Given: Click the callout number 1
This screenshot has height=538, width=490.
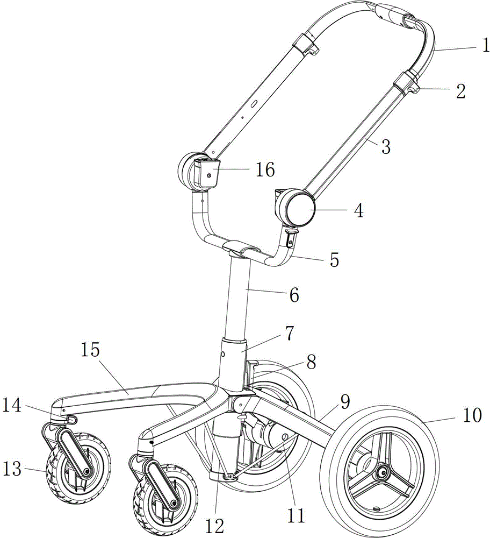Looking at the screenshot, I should click(x=485, y=47).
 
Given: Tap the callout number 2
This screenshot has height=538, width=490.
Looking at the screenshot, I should click(x=460, y=90).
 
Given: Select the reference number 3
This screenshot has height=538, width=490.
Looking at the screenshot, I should click(x=386, y=145).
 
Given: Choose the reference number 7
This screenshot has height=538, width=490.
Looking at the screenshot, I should click(x=289, y=334).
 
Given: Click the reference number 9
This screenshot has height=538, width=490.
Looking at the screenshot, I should click(x=344, y=401).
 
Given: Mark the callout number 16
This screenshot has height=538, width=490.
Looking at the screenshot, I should click(x=264, y=171).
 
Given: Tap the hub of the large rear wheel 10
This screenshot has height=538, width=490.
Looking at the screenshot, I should click(x=383, y=472).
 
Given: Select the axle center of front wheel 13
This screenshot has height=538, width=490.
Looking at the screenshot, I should click(x=85, y=471).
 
